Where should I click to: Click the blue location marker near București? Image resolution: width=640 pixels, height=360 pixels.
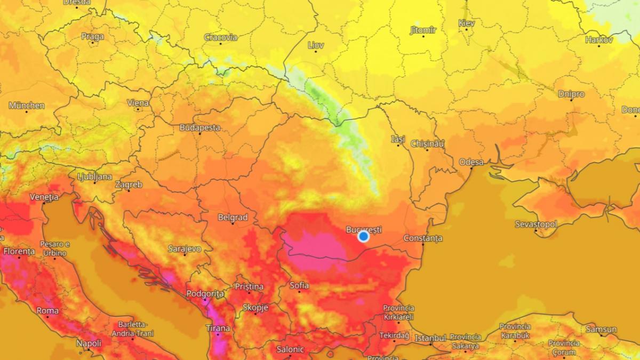click(364, 236)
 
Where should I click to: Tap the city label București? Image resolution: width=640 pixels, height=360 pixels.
click(364, 229)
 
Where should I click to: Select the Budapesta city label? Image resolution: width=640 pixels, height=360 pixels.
click(199, 127)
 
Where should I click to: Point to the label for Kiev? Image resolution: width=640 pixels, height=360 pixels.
click(467, 23)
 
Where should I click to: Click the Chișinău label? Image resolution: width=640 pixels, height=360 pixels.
click(427, 143)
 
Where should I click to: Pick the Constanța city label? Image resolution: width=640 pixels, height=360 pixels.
click(423, 237)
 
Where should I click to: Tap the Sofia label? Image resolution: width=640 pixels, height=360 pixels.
click(299, 285)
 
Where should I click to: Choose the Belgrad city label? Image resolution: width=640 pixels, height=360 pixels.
click(233, 217)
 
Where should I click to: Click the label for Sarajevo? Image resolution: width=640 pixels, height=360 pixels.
click(184, 249)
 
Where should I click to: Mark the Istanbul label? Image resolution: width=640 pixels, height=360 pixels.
click(430, 338)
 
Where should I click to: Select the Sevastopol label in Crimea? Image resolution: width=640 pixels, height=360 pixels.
click(536, 224)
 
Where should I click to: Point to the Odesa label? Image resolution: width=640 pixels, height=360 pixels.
click(471, 162)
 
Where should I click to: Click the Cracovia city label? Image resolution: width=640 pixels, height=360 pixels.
click(221, 37)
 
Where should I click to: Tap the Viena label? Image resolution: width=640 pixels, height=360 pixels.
click(138, 103)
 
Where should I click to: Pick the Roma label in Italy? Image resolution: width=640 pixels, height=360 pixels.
click(47, 310)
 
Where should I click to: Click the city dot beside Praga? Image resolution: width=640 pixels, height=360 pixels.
click(93, 44)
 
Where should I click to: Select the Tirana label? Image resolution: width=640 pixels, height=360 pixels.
click(218, 328)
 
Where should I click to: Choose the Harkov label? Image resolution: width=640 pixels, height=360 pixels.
click(599, 39)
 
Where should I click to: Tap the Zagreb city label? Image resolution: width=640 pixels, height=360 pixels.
click(129, 185)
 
